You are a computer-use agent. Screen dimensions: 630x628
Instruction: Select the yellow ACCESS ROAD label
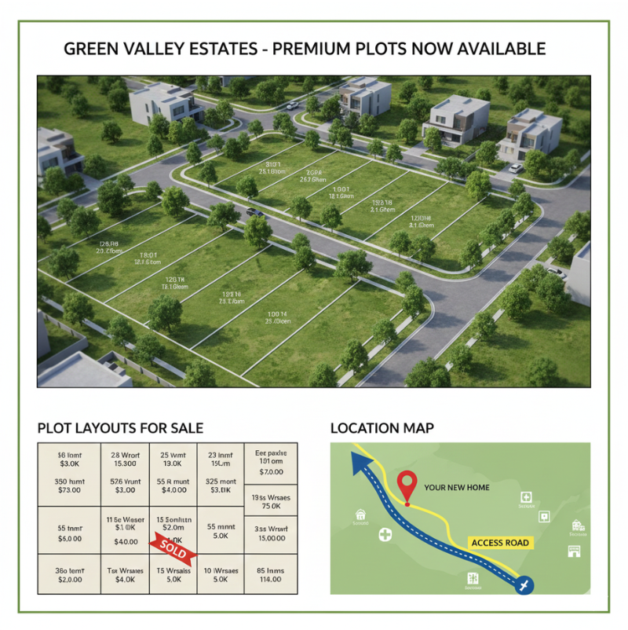(x=500, y=543)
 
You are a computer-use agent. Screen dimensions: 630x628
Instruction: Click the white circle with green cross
(x=385, y=535)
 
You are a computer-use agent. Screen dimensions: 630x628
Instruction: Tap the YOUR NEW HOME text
(x=456, y=488)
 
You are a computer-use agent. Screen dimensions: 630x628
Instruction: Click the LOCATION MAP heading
(x=382, y=428)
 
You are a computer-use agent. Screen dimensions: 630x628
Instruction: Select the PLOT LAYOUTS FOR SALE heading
(x=120, y=428)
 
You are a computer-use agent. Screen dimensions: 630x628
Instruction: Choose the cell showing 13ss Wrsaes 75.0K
(x=270, y=502)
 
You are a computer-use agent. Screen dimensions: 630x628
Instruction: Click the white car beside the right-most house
(x=516, y=167)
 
